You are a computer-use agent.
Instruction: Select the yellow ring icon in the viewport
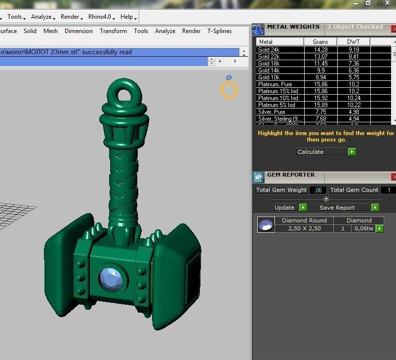(229, 90)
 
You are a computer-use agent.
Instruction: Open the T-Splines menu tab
(219, 31)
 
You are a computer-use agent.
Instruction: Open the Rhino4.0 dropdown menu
(101, 17)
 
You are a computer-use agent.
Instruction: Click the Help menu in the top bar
(128, 17)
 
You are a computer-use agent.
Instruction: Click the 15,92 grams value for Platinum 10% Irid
(320, 98)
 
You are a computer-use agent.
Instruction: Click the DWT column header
(353, 42)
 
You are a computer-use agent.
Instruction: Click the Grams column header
(320, 42)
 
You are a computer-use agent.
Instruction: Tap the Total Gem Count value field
(388, 190)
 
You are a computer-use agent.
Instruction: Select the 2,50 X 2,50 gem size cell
(304, 228)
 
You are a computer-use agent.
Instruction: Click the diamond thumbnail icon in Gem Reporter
(266, 225)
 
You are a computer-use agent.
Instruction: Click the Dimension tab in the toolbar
(79, 31)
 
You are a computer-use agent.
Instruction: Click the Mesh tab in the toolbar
(50, 31)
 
